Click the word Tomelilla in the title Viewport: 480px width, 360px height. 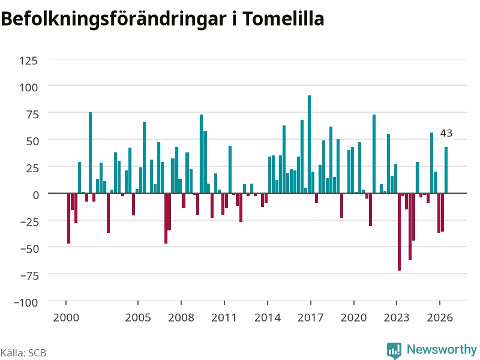coord(283,19)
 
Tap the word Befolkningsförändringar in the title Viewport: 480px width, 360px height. coord(114,20)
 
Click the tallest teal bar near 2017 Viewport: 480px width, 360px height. coord(309,144)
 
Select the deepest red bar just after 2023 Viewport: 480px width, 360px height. coord(399,232)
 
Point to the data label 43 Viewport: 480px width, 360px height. coord(446,133)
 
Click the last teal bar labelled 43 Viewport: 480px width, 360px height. coord(446,170)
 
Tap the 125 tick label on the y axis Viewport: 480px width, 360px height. coord(28,61)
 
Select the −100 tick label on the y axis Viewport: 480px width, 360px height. coord(26,302)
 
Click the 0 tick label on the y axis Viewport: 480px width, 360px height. coord(36,195)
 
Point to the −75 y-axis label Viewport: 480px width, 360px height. coord(29,275)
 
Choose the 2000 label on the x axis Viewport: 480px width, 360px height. coord(66,317)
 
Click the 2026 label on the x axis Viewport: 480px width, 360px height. coord(440,317)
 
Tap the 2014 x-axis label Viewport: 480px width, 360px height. coord(267,317)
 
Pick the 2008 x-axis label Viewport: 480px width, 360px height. coord(181,317)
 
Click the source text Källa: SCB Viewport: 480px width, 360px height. coord(23,353)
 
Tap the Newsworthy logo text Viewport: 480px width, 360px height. coord(442,349)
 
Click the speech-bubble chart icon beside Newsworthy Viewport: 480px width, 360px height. coord(394,350)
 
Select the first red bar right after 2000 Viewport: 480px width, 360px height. coord(68,218)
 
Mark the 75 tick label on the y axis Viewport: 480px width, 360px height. coord(33,115)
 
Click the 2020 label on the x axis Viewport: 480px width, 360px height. coord(353,317)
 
